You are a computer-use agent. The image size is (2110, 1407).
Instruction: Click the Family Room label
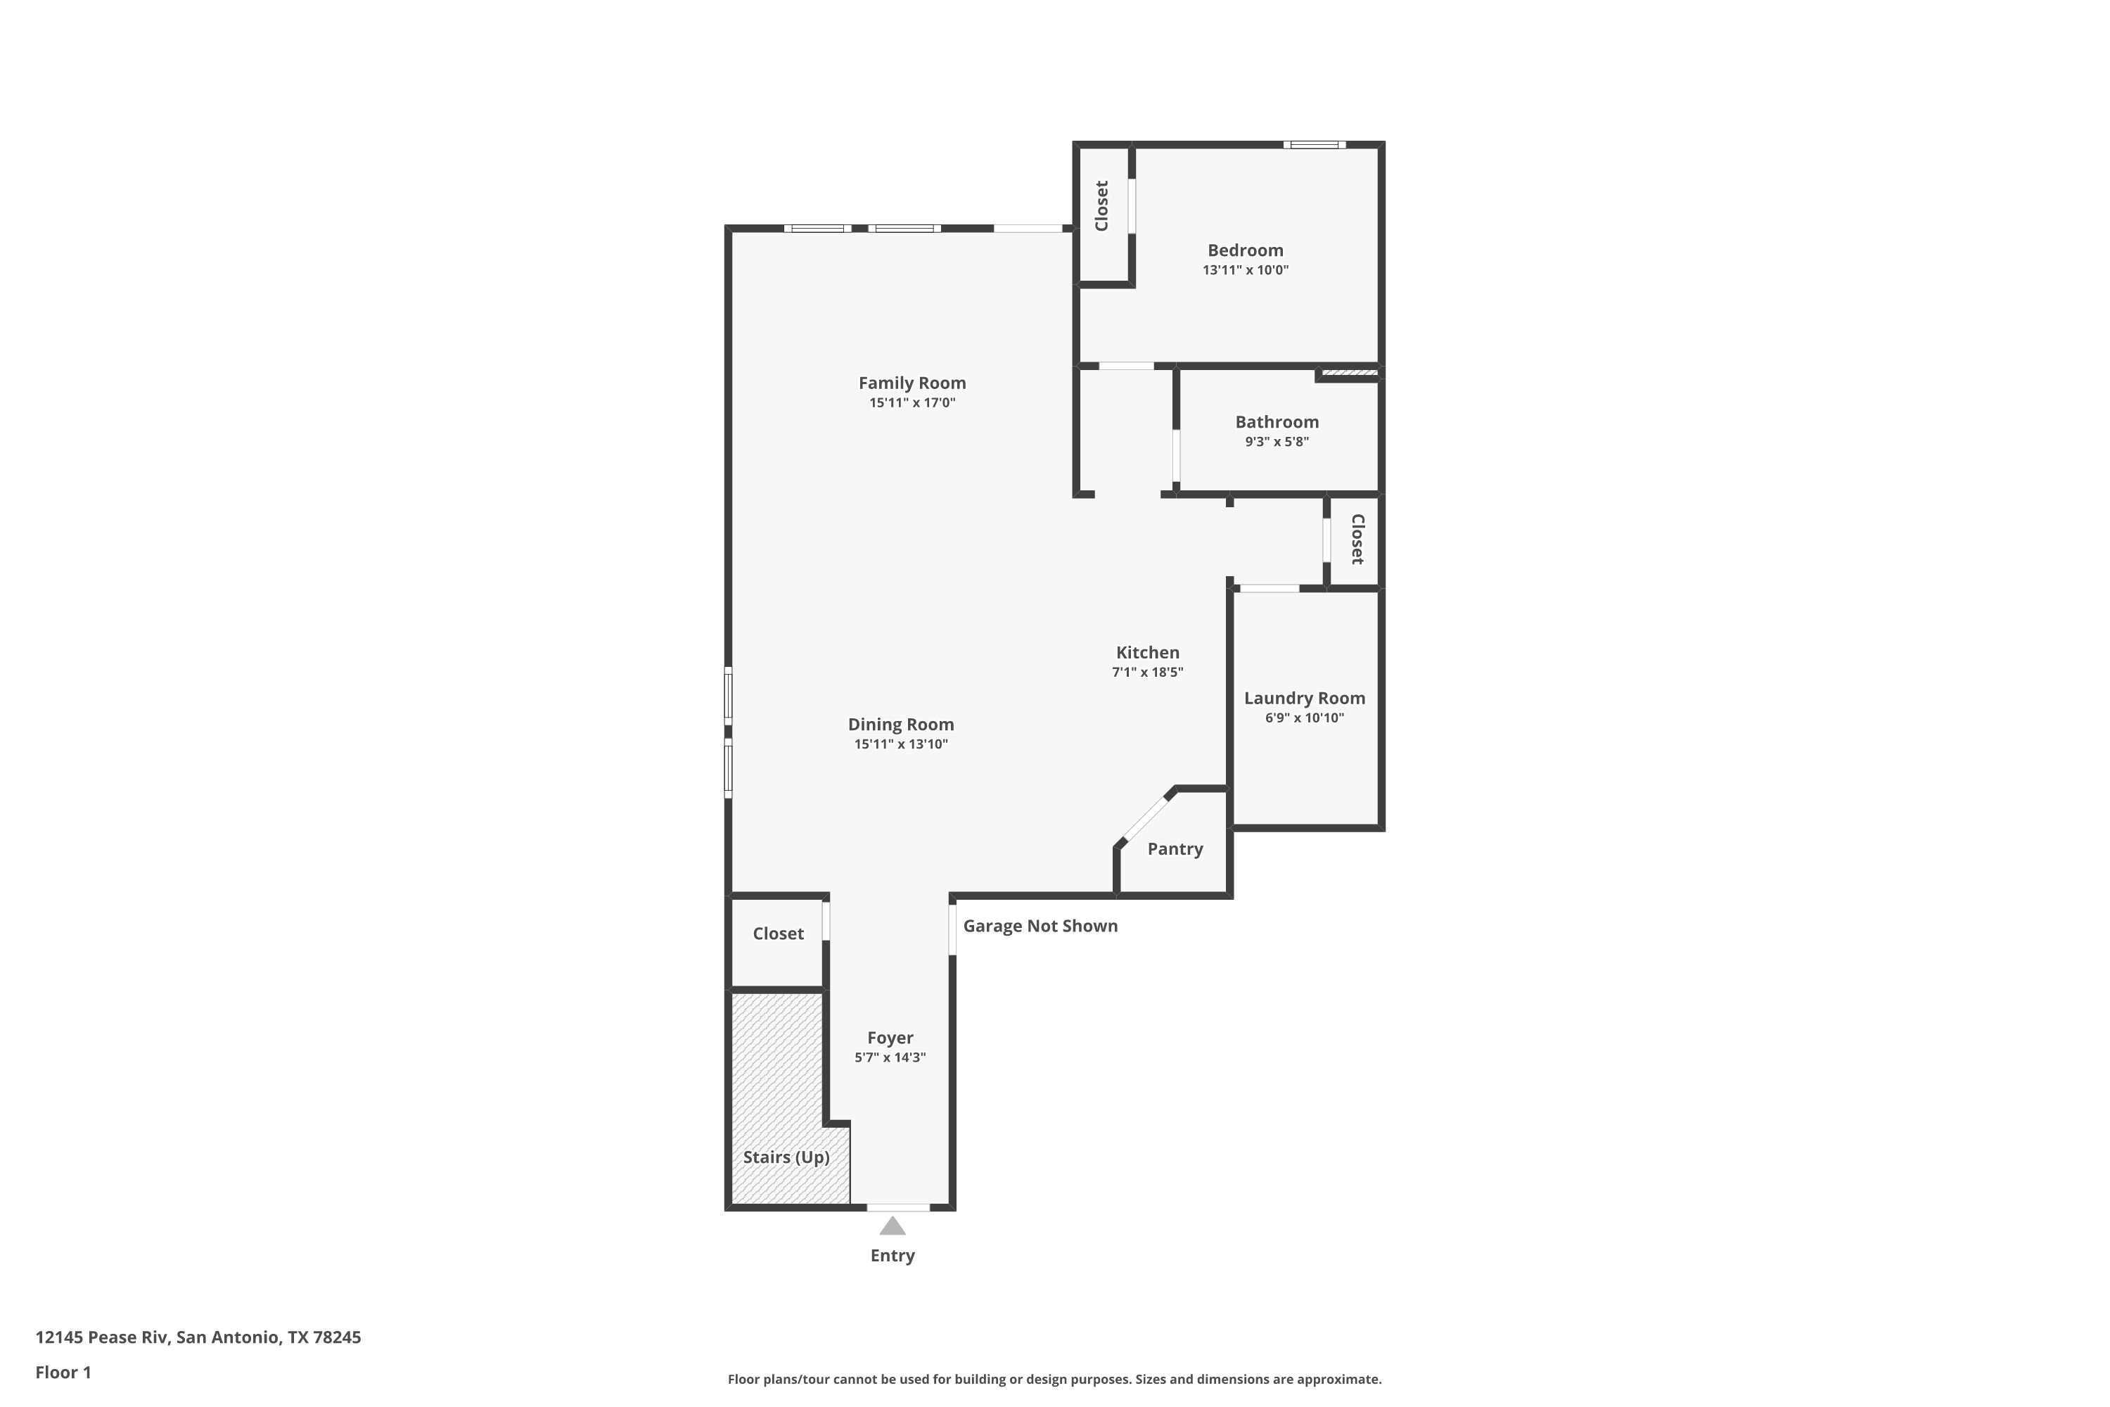[912, 383]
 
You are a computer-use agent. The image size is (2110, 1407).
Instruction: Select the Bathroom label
[1277, 421]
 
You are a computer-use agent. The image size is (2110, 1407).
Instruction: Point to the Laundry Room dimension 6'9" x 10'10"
[1305, 718]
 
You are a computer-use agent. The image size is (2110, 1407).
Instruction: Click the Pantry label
[1175, 849]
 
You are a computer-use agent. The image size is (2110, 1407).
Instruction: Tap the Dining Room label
[901, 724]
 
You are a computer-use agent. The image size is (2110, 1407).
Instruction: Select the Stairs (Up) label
[786, 1157]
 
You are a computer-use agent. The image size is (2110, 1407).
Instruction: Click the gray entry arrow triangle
[892, 1225]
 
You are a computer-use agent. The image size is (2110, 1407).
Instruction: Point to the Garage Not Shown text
[1041, 926]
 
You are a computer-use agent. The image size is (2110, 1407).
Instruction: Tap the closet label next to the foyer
[778, 934]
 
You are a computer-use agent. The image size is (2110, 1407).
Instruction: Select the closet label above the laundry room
[1357, 540]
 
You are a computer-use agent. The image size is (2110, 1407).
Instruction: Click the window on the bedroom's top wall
[1315, 144]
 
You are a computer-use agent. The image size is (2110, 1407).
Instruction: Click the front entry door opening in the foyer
[898, 1208]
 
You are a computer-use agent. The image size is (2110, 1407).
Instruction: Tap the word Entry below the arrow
[892, 1255]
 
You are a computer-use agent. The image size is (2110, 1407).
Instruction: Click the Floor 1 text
[64, 1372]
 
